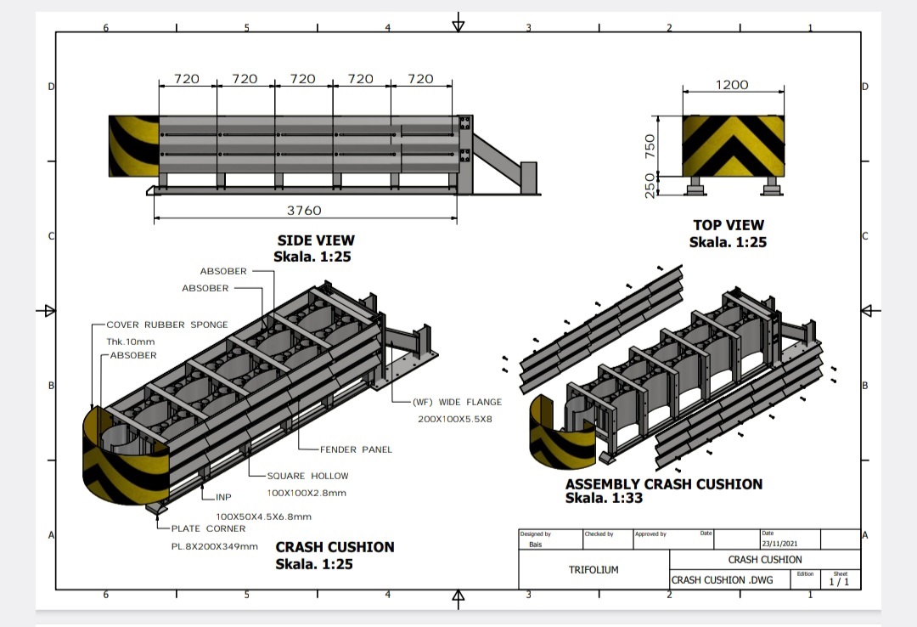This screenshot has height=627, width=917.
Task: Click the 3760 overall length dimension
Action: (x=304, y=210)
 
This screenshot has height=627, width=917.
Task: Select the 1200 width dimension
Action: (x=732, y=84)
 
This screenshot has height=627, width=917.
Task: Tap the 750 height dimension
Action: (x=650, y=145)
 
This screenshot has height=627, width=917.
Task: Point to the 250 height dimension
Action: (x=650, y=185)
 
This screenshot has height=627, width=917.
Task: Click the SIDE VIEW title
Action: (x=316, y=240)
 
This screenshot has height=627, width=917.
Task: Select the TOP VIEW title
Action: (x=729, y=225)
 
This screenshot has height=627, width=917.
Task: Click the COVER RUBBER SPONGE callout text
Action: (x=167, y=325)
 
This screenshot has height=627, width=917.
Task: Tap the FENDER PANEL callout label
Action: (x=356, y=449)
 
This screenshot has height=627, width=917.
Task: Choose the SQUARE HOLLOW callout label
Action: (x=307, y=476)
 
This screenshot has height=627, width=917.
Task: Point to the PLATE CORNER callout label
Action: (x=208, y=528)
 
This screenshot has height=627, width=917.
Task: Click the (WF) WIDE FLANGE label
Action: (x=457, y=402)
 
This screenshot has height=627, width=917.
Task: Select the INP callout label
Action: (x=224, y=497)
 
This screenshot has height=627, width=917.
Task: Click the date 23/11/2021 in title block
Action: (x=779, y=544)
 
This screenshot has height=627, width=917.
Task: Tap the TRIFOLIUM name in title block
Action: (x=594, y=570)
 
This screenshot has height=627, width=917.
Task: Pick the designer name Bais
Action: (x=536, y=545)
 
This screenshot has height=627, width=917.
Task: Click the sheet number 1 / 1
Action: (x=839, y=582)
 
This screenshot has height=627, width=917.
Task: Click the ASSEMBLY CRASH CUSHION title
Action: (x=664, y=484)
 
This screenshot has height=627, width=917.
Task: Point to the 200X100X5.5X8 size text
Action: (x=455, y=420)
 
